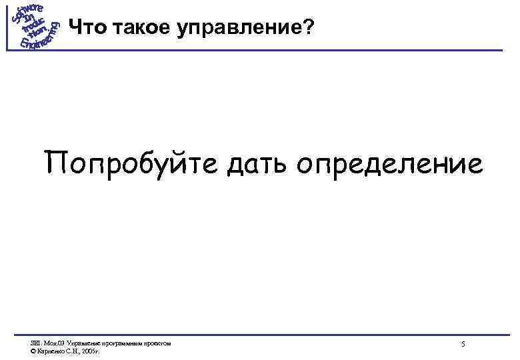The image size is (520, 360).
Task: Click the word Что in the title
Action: point(83,28)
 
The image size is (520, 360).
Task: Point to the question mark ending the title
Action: point(307,28)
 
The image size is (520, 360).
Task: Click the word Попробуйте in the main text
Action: point(131,163)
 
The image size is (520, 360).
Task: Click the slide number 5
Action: point(463,344)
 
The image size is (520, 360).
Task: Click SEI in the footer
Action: point(35,343)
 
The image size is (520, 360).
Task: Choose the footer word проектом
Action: point(156,343)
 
